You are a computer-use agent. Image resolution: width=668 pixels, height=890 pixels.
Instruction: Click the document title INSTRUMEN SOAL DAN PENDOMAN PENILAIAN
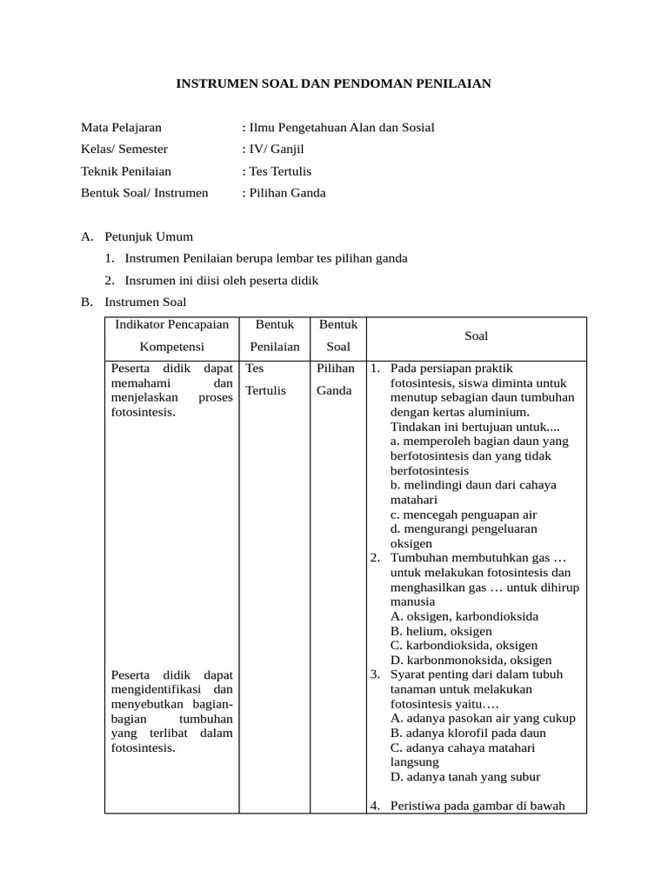pos(334,83)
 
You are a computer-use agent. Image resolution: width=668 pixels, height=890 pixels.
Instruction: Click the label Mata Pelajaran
pos(121,128)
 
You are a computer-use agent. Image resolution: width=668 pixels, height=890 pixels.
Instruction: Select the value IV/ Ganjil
pos(276,149)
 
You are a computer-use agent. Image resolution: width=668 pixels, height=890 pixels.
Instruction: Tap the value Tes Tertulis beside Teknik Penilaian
pos(280,171)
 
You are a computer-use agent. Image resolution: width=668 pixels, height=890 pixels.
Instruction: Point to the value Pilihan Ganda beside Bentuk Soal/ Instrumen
pos(287,193)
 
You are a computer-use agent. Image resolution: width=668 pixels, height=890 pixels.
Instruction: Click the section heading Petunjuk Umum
pos(149,236)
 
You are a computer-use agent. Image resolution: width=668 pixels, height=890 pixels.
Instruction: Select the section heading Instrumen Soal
pos(145,302)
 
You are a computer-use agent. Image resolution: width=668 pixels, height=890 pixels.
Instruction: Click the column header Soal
pos(476,335)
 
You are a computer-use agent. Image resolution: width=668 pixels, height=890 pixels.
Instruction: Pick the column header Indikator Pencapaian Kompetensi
pos(171,335)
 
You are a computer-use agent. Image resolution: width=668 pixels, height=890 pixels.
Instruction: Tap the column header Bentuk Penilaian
pos(274,335)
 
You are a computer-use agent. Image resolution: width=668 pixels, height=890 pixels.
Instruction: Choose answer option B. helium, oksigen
pos(441,631)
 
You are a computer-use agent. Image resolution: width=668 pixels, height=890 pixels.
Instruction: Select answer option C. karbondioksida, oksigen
pos(464,646)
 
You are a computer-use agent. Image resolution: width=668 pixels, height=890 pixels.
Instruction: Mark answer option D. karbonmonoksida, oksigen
pos(471,661)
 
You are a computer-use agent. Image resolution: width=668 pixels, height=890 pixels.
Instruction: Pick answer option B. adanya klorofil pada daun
pos(468,733)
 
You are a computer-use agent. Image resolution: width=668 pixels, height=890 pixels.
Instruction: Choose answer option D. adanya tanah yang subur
pos(465,777)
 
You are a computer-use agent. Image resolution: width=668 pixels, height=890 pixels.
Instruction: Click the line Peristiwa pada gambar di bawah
pos(478,806)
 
